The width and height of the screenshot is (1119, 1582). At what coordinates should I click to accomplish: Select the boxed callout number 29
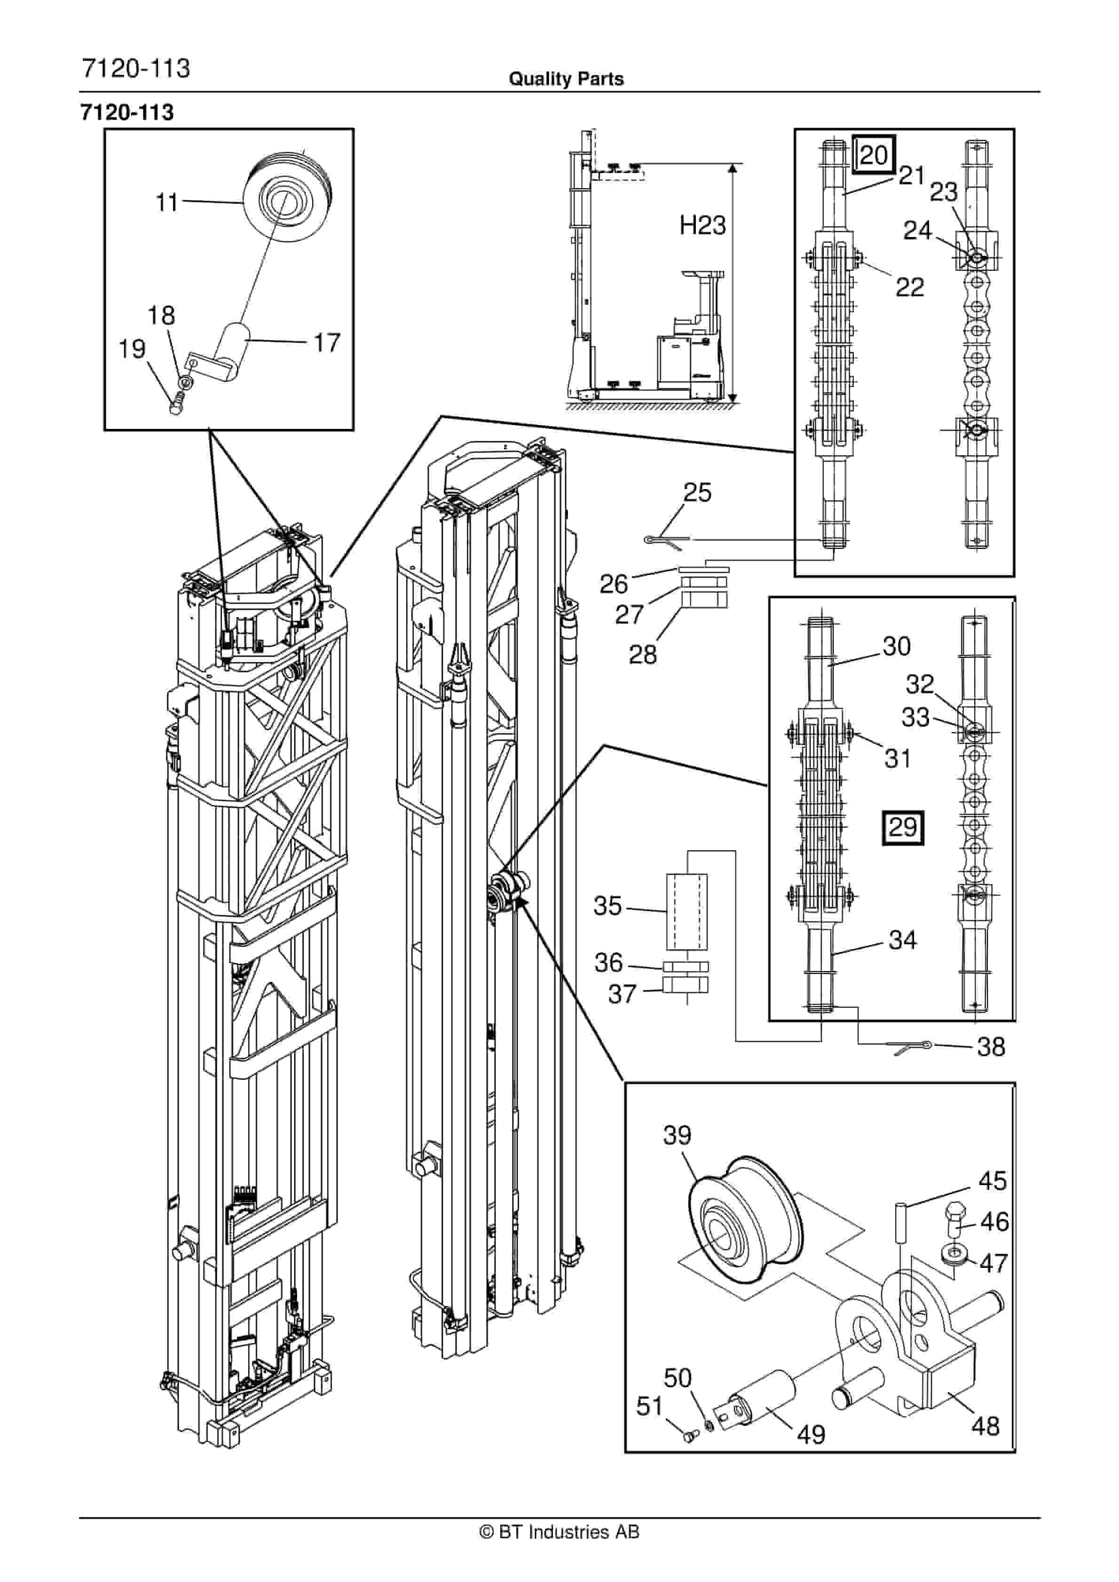tap(903, 827)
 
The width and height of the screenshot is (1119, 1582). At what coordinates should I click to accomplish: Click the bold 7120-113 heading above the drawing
tap(127, 112)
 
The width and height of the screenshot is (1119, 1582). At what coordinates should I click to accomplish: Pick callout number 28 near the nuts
tap(642, 655)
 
